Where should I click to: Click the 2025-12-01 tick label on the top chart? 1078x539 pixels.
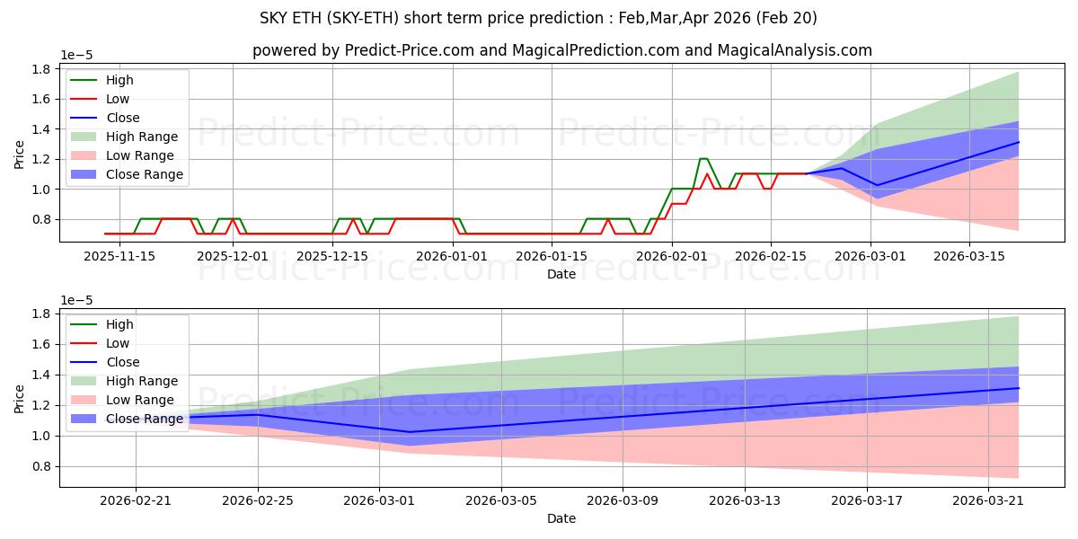tap(233, 256)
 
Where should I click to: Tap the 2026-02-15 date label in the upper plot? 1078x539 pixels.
tap(771, 256)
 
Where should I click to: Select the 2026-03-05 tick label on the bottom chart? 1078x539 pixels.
tap(501, 500)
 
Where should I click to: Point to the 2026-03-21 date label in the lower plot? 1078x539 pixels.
tap(988, 500)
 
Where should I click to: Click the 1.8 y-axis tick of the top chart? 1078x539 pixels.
tap(41, 69)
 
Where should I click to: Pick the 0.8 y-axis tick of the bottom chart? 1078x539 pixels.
tap(41, 466)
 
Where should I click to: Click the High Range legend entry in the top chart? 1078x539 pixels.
tap(124, 137)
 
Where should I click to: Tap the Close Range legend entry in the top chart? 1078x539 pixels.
tap(127, 174)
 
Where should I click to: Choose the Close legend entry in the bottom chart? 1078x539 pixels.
tap(105, 362)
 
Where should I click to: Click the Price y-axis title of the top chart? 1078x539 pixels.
tap(19, 155)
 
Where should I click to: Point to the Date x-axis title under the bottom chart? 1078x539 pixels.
tap(561, 518)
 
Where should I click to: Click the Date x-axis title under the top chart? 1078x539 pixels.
tap(561, 274)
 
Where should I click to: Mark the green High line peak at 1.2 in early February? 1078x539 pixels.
tap(703, 158)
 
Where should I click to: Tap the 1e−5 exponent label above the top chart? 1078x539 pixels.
tap(76, 56)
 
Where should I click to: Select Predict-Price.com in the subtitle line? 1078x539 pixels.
tap(410, 50)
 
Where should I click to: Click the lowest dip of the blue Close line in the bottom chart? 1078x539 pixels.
tap(409, 432)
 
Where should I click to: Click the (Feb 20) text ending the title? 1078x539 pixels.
tap(786, 18)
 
